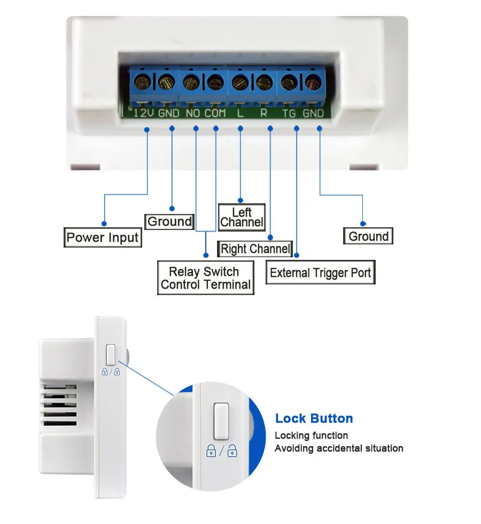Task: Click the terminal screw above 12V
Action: coord(143,82)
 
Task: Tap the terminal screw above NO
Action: coord(190,82)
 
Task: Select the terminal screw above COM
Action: coord(214,82)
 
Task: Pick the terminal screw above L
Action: coord(239,82)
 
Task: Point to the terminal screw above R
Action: coord(263,82)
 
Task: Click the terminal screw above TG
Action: coord(289,82)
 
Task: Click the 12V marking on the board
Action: coord(143,113)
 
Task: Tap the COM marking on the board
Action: coord(215,113)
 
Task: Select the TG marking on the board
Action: coord(289,113)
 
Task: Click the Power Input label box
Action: coord(103,237)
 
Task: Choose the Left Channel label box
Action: coord(242,218)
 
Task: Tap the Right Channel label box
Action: coord(255,249)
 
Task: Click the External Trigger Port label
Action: coord(320,273)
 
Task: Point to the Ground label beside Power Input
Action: coord(169,221)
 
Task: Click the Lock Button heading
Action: coord(314,418)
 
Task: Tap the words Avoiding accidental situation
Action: coord(339,448)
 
